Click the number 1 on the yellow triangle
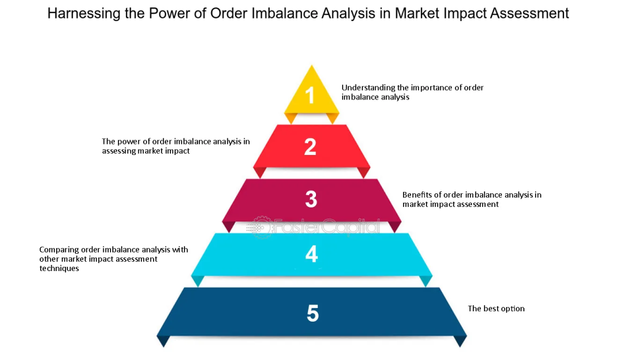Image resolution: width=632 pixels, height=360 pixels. [310, 95]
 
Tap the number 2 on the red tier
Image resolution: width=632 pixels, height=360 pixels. [310, 147]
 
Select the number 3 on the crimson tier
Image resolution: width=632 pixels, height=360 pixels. [311, 199]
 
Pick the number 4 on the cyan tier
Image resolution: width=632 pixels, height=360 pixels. [311, 254]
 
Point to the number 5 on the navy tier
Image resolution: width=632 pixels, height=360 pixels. [312, 313]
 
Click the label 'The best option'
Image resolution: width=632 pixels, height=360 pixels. [496, 308]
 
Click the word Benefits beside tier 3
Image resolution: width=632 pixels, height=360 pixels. [417, 195]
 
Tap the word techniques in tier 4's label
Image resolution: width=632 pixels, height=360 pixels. [59, 269]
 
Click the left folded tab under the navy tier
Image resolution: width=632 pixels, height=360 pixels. [163, 341]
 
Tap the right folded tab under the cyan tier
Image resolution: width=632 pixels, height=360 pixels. [426, 281]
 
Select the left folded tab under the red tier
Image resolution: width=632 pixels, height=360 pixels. [260, 172]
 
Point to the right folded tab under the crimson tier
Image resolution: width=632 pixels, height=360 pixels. [394, 227]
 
